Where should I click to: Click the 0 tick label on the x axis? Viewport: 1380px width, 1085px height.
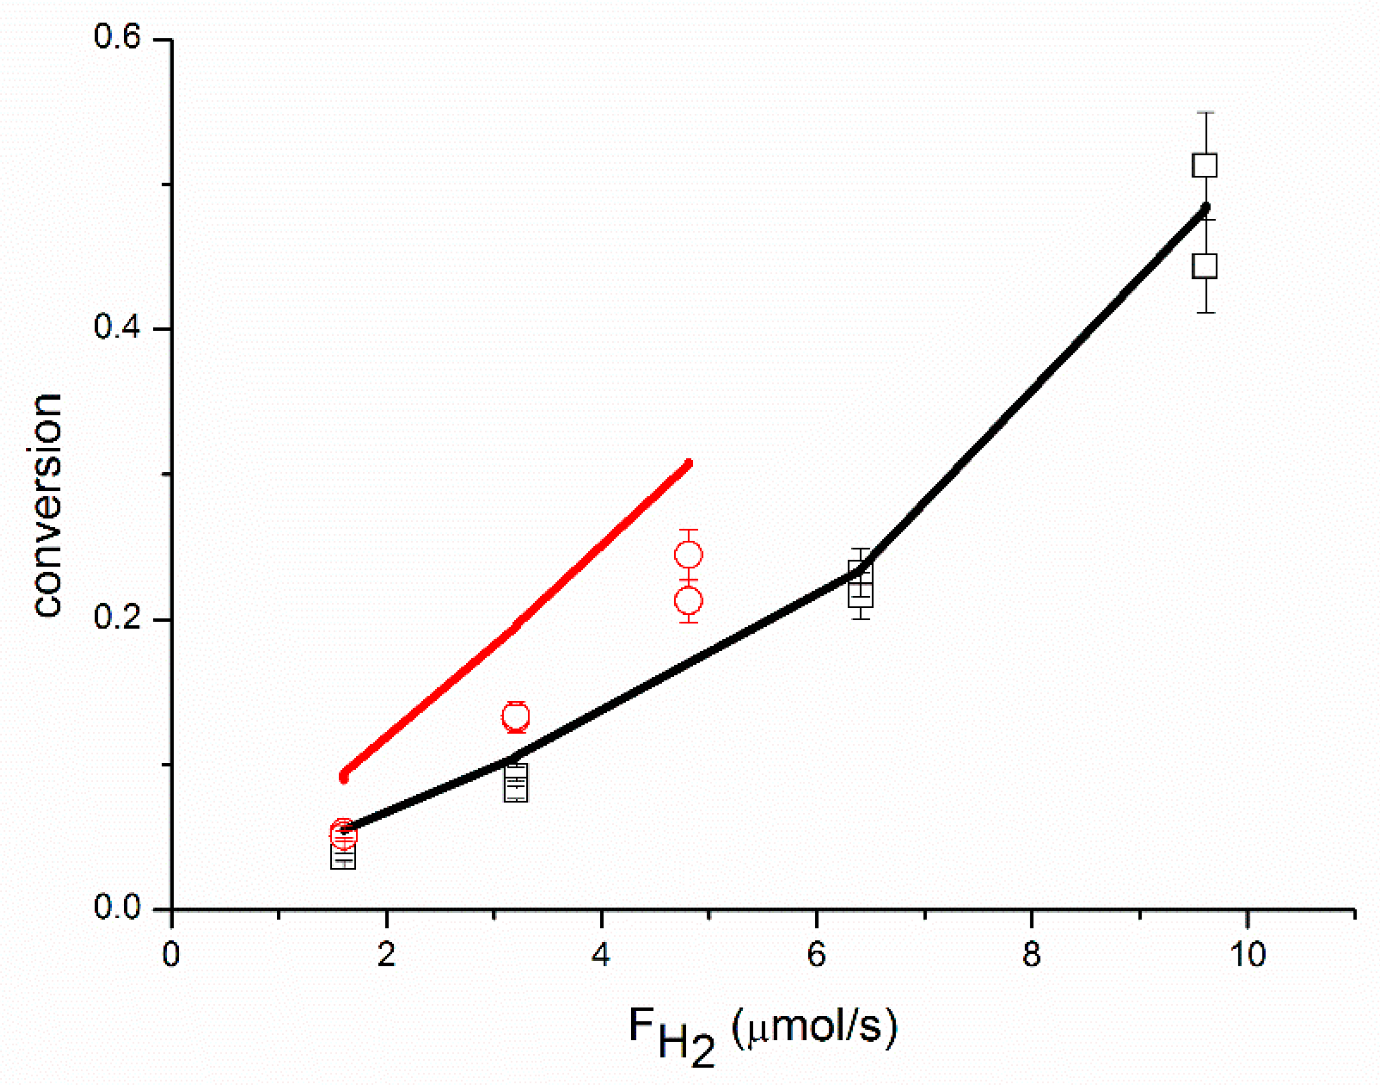tap(171, 955)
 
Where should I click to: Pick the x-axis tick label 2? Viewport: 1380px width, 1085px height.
tap(386, 955)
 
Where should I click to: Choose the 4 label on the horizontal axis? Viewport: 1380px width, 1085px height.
tap(601, 955)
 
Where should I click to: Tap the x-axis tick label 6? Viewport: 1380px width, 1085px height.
tap(816, 955)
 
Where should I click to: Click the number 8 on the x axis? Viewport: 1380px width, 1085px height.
tap(1032, 955)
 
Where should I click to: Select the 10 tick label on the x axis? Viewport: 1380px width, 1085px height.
tap(1247, 955)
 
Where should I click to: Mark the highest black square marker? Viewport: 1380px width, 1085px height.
tap(1205, 166)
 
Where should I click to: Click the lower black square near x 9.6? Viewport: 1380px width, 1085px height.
tap(1205, 266)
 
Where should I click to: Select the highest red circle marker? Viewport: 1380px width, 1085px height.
tap(688, 555)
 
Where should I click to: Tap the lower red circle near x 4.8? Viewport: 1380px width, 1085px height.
tap(688, 600)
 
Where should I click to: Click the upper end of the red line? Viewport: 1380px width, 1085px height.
tap(689, 463)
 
